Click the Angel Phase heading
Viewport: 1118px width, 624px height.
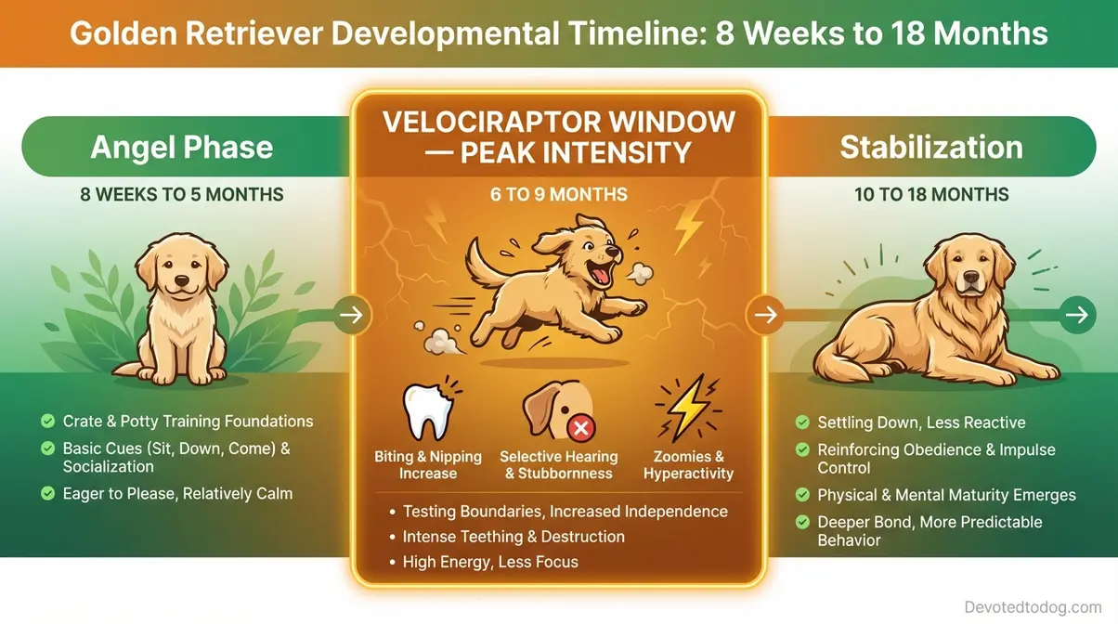(182, 148)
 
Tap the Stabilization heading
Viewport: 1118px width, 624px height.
(931, 148)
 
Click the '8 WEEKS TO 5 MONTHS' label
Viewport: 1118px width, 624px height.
(182, 195)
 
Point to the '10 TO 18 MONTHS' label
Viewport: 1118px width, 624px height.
(931, 195)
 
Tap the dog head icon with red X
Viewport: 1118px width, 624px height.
(557, 411)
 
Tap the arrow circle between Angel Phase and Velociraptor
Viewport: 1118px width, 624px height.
(353, 316)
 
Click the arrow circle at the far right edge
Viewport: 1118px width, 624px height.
(1075, 316)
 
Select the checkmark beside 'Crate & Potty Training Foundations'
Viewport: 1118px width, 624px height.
(48, 422)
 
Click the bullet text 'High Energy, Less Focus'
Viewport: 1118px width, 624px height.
(490, 562)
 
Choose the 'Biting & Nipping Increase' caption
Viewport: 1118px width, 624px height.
(428, 465)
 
